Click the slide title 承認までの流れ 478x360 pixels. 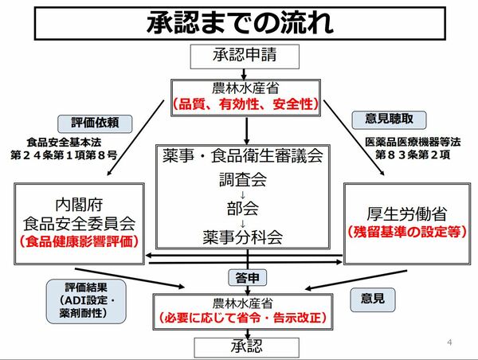pyautogui.click(x=238, y=22)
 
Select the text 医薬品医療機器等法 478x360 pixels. pyautogui.click(x=403, y=142)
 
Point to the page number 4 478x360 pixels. pyautogui.click(x=450, y=343)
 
